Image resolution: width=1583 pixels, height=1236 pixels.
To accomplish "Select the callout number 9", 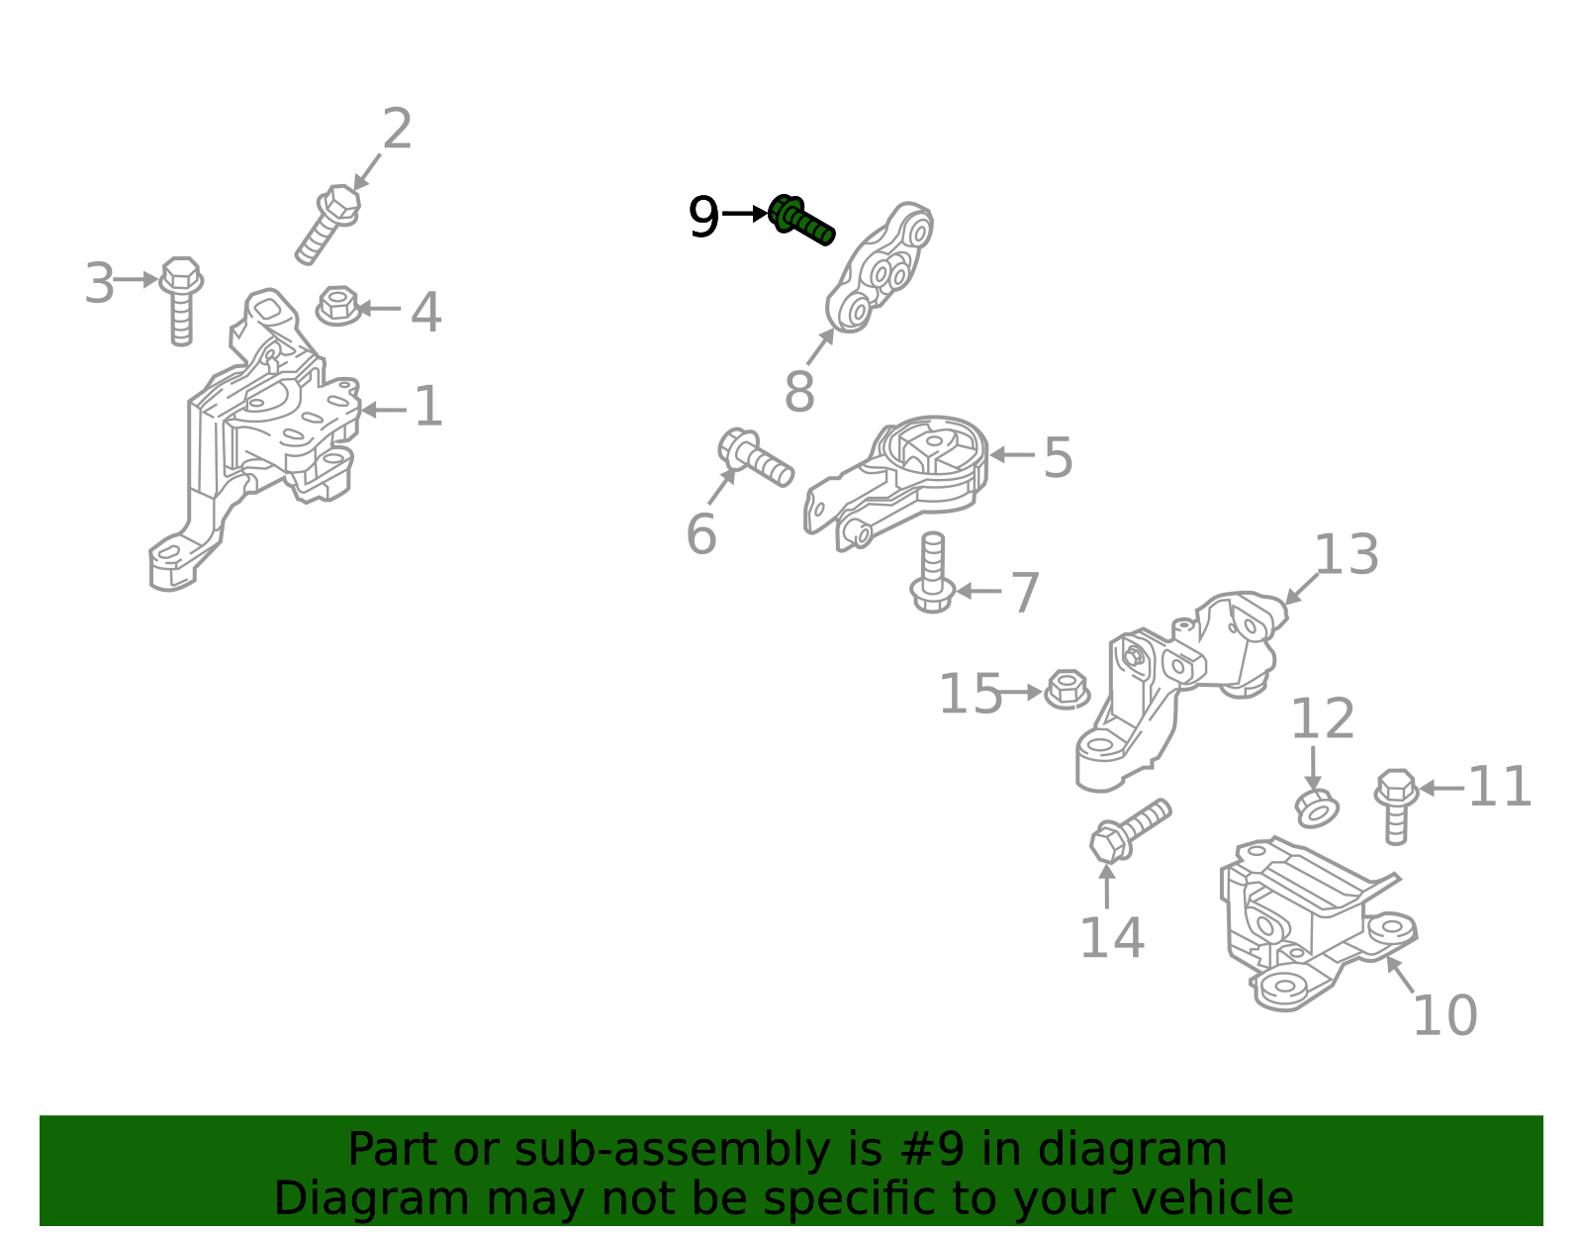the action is pos(703,217).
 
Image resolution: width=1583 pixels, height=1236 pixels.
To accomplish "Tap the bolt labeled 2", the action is pos(327,224).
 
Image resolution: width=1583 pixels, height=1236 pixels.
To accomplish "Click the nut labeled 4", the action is pos(338,306).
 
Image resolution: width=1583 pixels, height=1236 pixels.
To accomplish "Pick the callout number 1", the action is pos(428,407).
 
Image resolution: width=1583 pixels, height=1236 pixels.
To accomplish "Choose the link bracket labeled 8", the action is pos(879,267).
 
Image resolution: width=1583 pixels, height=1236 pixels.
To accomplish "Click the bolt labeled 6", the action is pos(755,457).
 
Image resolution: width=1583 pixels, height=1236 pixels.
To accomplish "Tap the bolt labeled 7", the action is pos(932,572).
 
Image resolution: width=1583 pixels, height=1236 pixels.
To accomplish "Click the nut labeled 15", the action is pos(1068,689).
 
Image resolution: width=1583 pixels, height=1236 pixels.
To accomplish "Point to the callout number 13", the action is pos(1347,554).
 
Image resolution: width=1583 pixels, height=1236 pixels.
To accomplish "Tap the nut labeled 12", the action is pos(1317,808).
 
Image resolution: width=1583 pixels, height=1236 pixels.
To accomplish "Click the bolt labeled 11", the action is pos(1396,807).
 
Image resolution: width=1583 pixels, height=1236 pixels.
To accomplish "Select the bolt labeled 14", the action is pos(1129,831).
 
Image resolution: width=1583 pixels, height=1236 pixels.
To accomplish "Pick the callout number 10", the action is pos(1444,1015).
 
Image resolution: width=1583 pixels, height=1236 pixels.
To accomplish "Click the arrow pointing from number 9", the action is pos(745,214).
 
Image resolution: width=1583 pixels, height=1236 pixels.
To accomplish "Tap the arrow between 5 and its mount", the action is pos(1012,455).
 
